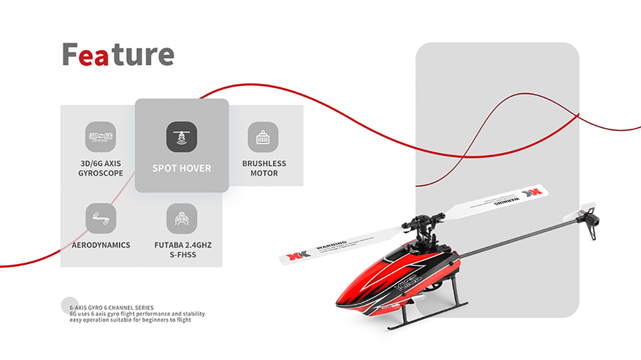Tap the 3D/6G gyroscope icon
coord(100,137)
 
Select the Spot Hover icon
coord(182,137)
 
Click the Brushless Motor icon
coord(263,137)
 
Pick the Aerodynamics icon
coord(100,218)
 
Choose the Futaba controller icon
coord(182,218)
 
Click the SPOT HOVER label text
coord(182,168)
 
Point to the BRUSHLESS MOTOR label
coord(264,168)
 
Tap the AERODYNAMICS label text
coord(101,245)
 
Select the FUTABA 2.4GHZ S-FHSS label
coord(183,250)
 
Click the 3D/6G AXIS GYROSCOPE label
coord(100,168)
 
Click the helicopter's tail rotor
coord(588,216)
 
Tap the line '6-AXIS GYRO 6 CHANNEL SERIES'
coord(112,308)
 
